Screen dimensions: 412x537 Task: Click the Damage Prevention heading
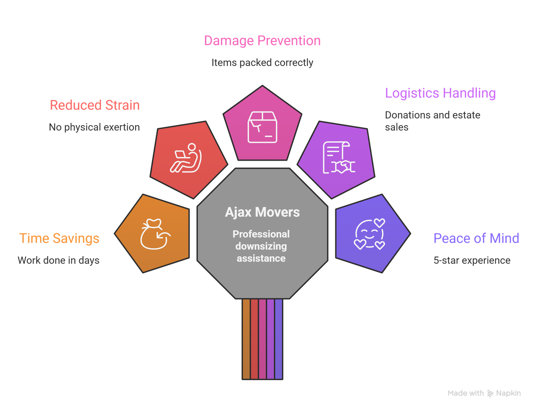click(x=262, y=41)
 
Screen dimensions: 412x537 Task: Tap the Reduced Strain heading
click(x=95, y=105)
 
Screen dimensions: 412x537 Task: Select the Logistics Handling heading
click(x=440, y=93)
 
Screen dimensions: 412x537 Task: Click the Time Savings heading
click(x=59, y=238)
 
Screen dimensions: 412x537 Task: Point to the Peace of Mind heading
click(x=476, y=238)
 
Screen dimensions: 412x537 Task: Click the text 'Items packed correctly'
click(x=262, y=62)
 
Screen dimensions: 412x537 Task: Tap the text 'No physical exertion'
click(x=94, y=127)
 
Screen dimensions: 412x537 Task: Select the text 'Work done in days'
click(x=58, y=260)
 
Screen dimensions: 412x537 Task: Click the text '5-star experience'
click(x=472, y=260)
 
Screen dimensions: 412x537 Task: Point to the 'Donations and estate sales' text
click(x=432, y=121)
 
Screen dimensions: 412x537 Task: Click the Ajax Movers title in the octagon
click(x=262, y=212)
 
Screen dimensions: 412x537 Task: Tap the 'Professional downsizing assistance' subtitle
click(x=261, y=246)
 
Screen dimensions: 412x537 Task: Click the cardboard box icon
click(x=262, y=127)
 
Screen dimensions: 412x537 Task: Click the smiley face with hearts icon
click(x=370, y=234)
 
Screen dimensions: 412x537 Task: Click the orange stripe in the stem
click(x=246, y=339)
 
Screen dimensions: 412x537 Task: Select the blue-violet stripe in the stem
click(x=279, y=339)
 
